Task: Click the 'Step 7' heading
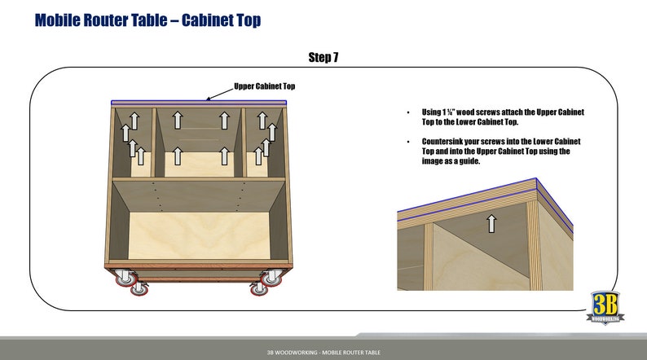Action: coord(323,57)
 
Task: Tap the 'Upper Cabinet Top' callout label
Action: coord(264,86)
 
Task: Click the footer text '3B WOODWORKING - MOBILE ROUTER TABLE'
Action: coord(323,352)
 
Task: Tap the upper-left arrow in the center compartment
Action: coord(177,120)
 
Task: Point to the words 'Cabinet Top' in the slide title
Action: coord(218,20)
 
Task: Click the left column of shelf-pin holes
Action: coord(156,195)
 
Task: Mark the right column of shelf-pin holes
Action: coord(243,195)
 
